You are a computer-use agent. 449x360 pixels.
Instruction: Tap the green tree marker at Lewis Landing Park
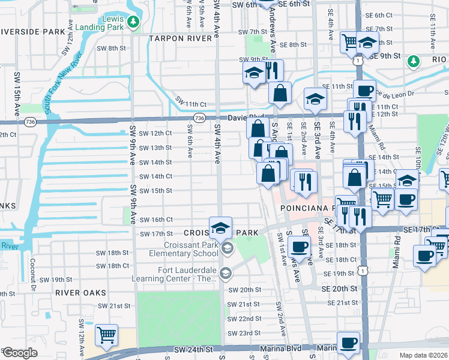click(x=133, y=23)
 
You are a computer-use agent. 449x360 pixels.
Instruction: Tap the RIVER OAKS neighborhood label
click(x=80, y=293)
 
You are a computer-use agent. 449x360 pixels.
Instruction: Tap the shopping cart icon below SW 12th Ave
click(x=106, y=335)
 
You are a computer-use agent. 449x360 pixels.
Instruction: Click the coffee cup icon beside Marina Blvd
click(x=348, y=343)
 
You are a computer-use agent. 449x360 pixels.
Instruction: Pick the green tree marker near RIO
click(x=413, y=61)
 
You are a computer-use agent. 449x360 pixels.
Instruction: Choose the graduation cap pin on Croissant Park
click(x=221, y=227)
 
